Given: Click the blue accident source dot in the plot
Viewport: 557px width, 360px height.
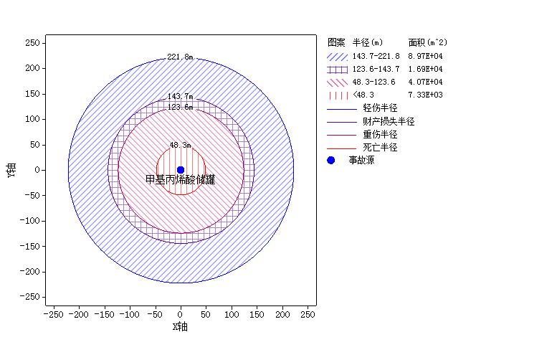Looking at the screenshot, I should [x=181, y=170].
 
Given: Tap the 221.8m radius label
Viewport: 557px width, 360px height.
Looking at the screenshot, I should [x=181, y=57].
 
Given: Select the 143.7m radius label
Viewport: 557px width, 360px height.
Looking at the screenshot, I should [x=181, y=96].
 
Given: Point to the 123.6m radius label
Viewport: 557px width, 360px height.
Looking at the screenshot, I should [x=181, y=107].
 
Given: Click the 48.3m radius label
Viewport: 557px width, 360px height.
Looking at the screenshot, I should [x=181, y=145].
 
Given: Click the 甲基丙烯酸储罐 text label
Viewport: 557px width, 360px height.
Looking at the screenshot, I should [x=181, y=180].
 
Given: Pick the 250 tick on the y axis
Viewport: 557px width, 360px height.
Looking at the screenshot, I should [x=31, y=43].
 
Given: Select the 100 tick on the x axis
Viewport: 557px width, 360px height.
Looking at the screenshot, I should [x=232, y=314].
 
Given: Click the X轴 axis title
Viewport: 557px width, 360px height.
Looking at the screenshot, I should [x=181, y=327].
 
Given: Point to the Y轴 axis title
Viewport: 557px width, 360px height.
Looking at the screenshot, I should [x=11, y=171].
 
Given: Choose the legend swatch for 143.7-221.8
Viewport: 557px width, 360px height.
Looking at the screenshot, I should [x=337, y=56].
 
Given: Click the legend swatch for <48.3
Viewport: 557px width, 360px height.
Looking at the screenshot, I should [x=337, y=95].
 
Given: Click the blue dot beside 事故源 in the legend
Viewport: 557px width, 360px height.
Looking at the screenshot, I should [x=331, y=160].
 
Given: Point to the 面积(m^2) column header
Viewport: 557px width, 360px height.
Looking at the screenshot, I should [x=428, y=42].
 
